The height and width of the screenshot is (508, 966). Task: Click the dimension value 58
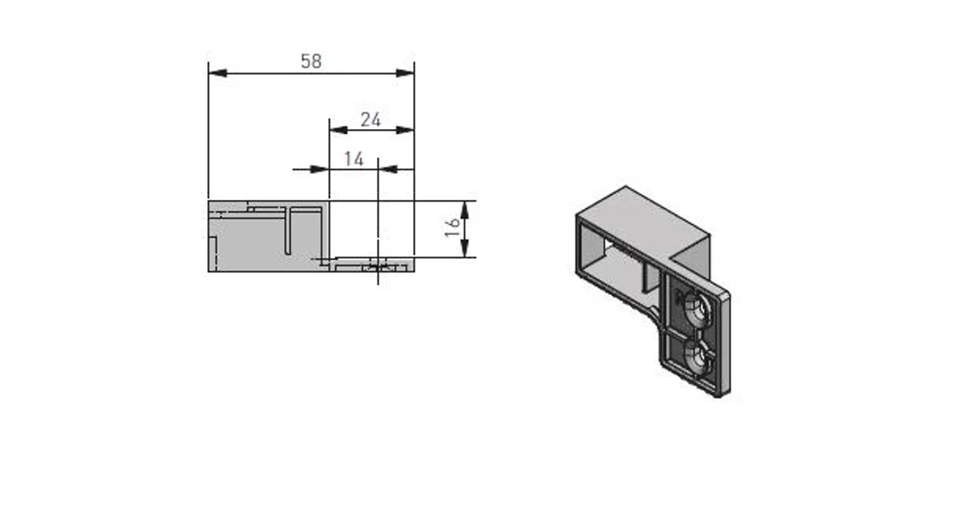point(311,61)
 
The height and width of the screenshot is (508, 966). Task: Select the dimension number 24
point(371,119)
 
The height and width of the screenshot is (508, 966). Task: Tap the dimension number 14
point(354,158)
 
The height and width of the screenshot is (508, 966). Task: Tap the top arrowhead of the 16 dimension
point(465,208)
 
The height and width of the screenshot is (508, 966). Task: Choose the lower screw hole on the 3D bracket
point(695,356)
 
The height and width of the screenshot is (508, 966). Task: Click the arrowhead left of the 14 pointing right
point(320,169)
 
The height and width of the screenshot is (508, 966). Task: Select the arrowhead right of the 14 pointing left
point(387,169)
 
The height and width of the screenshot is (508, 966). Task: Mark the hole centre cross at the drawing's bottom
point(378,266)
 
